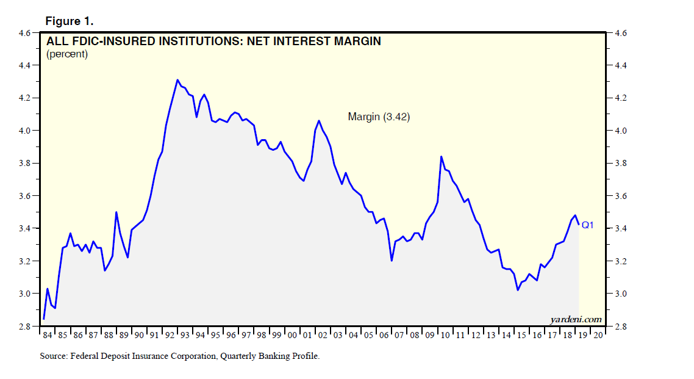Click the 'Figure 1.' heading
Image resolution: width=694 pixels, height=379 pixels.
point(69,21)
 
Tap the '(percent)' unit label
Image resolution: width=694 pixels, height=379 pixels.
point(67,54)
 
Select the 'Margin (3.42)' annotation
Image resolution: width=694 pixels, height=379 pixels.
point(379,117)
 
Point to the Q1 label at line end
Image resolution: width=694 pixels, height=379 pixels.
point(587,225)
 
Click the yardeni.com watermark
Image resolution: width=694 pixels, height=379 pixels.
point(576,319)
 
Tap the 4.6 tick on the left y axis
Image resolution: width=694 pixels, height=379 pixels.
point(25,33)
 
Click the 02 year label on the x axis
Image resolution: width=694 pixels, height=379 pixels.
point(322,335)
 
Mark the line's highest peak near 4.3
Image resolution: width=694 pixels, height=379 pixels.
point(177,80)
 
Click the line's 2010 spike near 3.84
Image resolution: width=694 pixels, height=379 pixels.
point(442,157)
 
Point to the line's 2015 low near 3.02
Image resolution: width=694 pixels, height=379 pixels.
point(518,290)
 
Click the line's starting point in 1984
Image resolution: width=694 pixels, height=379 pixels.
point(44,319)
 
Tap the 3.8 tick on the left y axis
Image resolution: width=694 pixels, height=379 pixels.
point(25,164)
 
